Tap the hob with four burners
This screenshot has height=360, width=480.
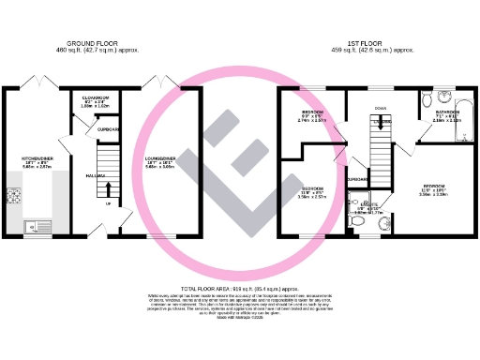click(x=14, y=196)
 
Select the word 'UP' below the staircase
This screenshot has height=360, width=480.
click(x=109, y=202)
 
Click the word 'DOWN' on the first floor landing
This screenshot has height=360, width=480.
click(x=380, y=106)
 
